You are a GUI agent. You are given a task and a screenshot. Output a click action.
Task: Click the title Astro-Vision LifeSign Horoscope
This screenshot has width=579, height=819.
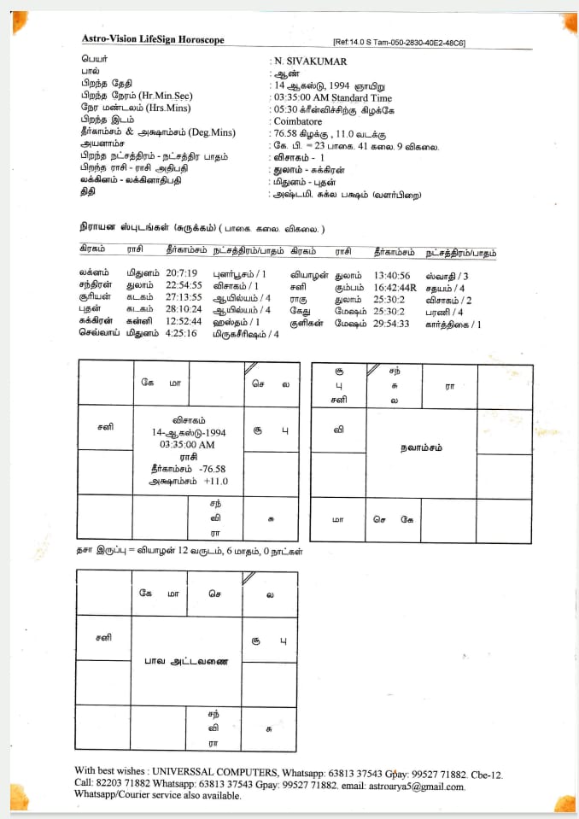pos(153,39)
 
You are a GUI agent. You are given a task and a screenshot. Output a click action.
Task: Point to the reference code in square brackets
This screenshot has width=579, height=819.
pos(399,43)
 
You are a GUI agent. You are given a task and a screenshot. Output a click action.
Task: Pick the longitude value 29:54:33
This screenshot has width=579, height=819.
pos(391,324)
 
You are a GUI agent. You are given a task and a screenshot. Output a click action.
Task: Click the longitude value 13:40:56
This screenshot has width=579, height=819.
pos(392,275)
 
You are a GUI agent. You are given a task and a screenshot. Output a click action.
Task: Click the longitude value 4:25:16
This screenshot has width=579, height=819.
pos(181,334)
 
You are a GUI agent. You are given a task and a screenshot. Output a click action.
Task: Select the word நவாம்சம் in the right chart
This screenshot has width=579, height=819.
pos(424,448)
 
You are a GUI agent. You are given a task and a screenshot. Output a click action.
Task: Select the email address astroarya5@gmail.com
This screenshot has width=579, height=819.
pos(416,787)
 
